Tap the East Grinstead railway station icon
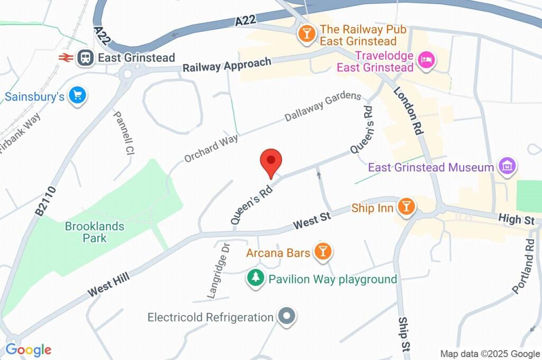coord(84,58)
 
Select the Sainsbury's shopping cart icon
coord(78,96)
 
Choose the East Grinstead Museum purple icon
coord(507,166)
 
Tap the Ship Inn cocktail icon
coord(406,208)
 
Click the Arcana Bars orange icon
coord(322,251)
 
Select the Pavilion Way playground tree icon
coord(256,278)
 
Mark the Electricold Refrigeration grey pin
coord(286,317)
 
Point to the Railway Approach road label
coord(227,65)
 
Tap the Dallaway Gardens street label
coord(323,106)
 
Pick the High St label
coord(517,219)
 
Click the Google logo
coord(29,350)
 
